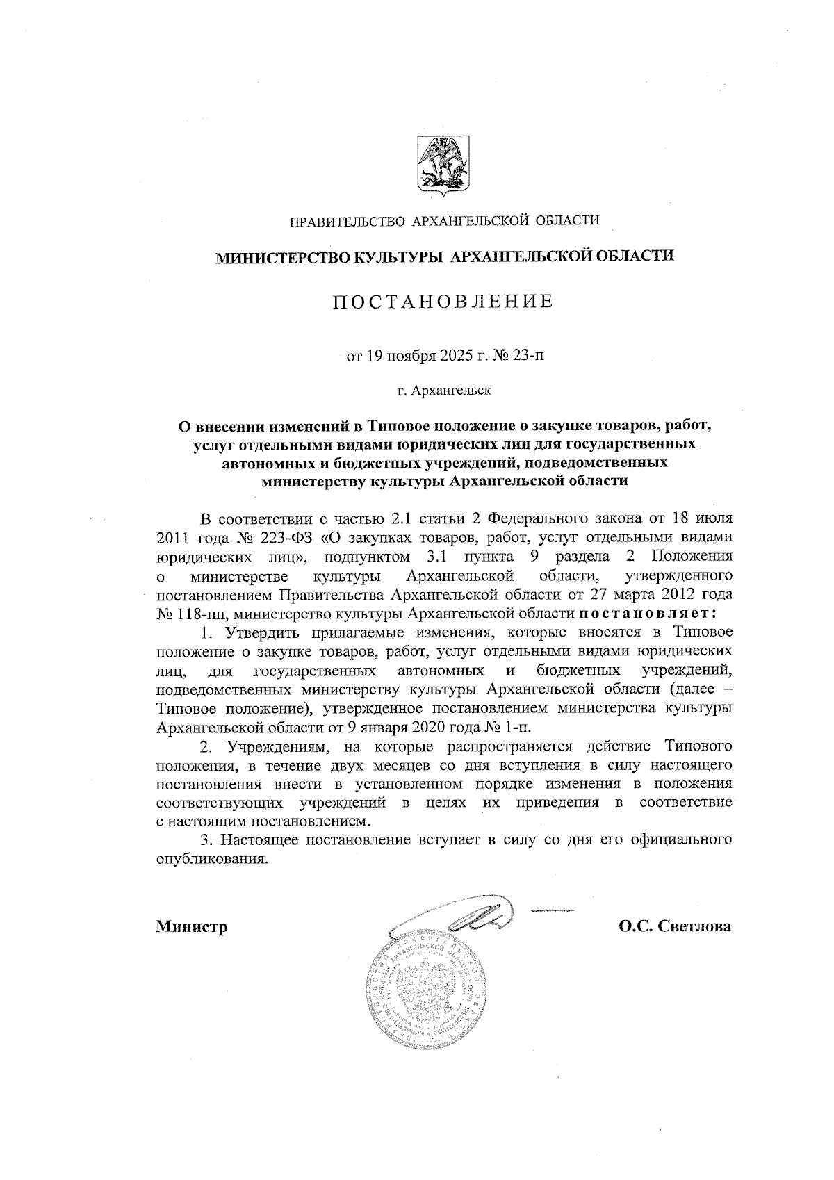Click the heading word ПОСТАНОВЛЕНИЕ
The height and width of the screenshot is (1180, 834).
click(442, 302)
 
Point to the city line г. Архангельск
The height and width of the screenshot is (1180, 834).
click(444, 391)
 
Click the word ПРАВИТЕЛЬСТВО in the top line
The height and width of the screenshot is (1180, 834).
click(347, 221)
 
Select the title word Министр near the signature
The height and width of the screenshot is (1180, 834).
click(192, 927)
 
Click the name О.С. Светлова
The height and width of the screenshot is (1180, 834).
click(676, 926)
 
